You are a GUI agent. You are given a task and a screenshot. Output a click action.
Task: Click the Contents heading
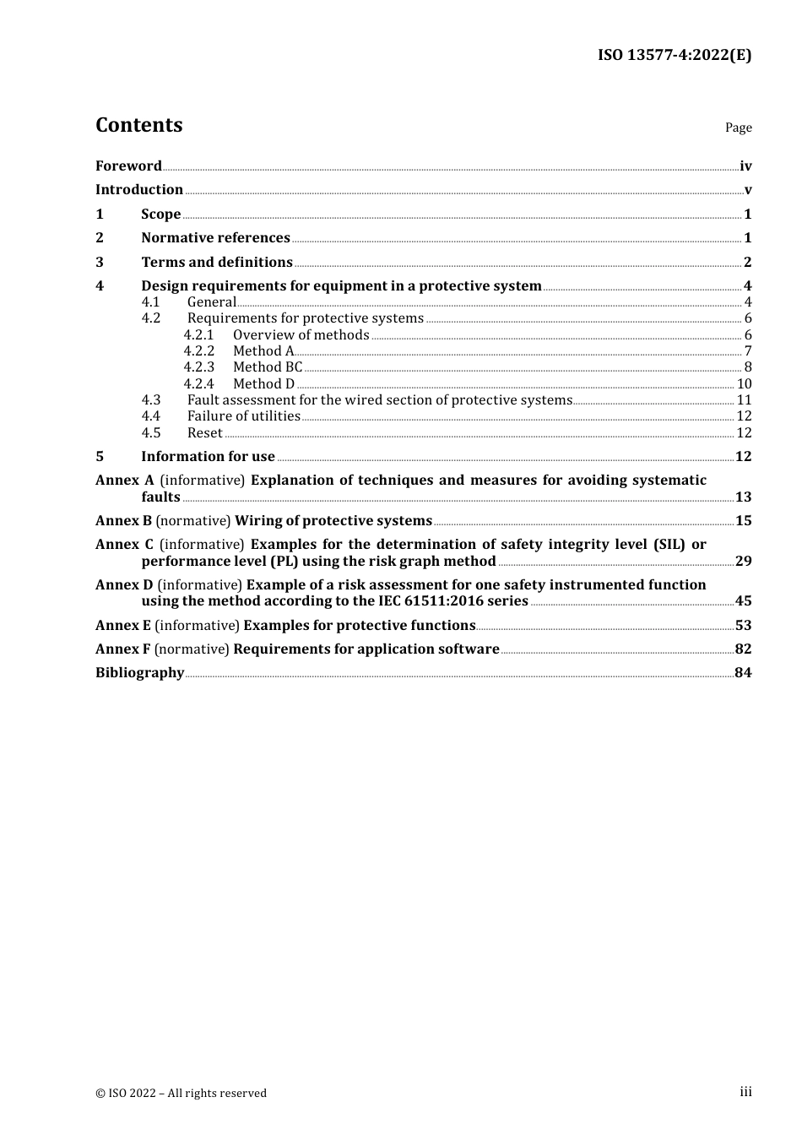138,125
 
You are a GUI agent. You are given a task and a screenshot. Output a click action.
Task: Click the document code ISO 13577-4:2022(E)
675,55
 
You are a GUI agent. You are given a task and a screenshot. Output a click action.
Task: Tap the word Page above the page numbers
738,128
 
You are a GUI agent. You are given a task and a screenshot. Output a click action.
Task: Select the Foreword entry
128,166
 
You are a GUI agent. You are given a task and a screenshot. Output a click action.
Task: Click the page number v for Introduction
748,190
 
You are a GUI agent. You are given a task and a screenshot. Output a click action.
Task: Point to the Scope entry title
160,215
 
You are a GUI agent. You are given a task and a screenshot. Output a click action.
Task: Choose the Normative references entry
215,238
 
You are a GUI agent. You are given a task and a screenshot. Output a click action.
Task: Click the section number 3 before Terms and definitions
100,263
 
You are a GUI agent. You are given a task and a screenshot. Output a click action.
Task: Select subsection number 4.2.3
199,367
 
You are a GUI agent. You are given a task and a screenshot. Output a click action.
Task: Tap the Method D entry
263,384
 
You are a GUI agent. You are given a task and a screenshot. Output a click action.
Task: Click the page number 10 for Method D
744,384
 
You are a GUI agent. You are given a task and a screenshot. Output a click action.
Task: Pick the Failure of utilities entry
243,416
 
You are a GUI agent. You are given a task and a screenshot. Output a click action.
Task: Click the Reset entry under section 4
205,433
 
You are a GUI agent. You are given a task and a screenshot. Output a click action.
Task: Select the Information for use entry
208,457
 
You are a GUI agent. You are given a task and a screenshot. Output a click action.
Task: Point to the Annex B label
123,521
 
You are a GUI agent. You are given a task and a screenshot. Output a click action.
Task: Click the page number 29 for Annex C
743,562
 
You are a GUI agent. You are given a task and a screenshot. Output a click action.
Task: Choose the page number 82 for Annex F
743,649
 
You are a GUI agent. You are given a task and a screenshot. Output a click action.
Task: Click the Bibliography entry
139,673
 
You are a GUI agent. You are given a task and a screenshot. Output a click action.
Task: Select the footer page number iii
745,1092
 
